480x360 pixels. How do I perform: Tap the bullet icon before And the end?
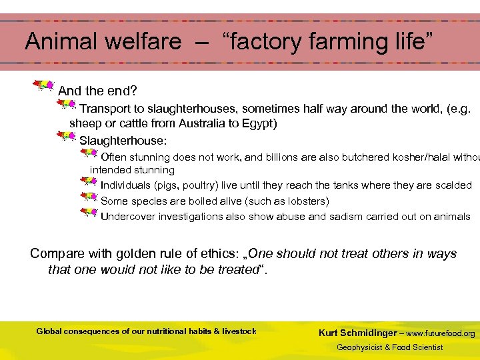(44, 85)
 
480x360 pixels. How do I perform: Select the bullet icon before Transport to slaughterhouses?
(66, 104)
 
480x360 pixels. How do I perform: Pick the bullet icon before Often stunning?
(88, 154)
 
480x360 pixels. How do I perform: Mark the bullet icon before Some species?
(88, 197)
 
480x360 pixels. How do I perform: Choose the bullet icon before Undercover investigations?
(88, 213)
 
